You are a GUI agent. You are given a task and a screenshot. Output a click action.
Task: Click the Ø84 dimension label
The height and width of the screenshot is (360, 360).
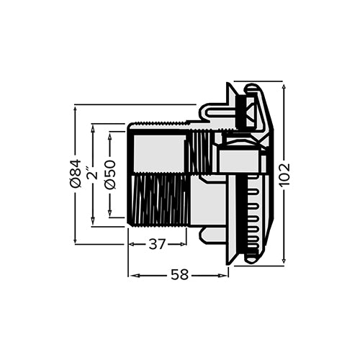pyautogui.click(x=75, y=174)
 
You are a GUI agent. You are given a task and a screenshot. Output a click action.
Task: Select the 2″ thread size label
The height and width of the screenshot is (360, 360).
pyautogui.click(x=91, y=174)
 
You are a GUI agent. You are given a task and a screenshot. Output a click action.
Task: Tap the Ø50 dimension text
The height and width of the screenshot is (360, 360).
pyautogui.click(x=109, y=174)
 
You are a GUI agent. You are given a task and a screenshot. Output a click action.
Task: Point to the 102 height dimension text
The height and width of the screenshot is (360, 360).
pyautogui.click(x=284, y=174)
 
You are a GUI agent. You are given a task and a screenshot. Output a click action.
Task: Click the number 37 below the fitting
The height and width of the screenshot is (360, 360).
pyautogui.click(x=157, y=244)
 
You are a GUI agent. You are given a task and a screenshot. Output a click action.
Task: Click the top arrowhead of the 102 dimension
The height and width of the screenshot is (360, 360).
pyautogui.click(x=284, y=86)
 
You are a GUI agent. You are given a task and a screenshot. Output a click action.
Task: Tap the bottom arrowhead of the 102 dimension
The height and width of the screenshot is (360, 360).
pyautogui.click(x=284, y=261)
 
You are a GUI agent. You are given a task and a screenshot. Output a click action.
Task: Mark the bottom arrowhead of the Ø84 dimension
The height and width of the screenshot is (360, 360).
pyautogui.click(x=75, y=240)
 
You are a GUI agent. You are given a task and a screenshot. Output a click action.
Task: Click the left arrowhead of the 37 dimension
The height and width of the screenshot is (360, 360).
pyautogui.click(x=132, y=244)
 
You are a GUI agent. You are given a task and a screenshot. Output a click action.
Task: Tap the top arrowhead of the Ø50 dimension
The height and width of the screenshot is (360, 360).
pyautogui.click(x=109, y=135)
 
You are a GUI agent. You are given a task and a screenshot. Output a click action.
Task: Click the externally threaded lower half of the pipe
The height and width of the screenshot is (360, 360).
pyautogui.click(x=158, y=199)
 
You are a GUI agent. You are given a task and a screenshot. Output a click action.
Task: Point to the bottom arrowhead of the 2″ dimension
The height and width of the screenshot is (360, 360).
pyautogui.click(x=91, y=222)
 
